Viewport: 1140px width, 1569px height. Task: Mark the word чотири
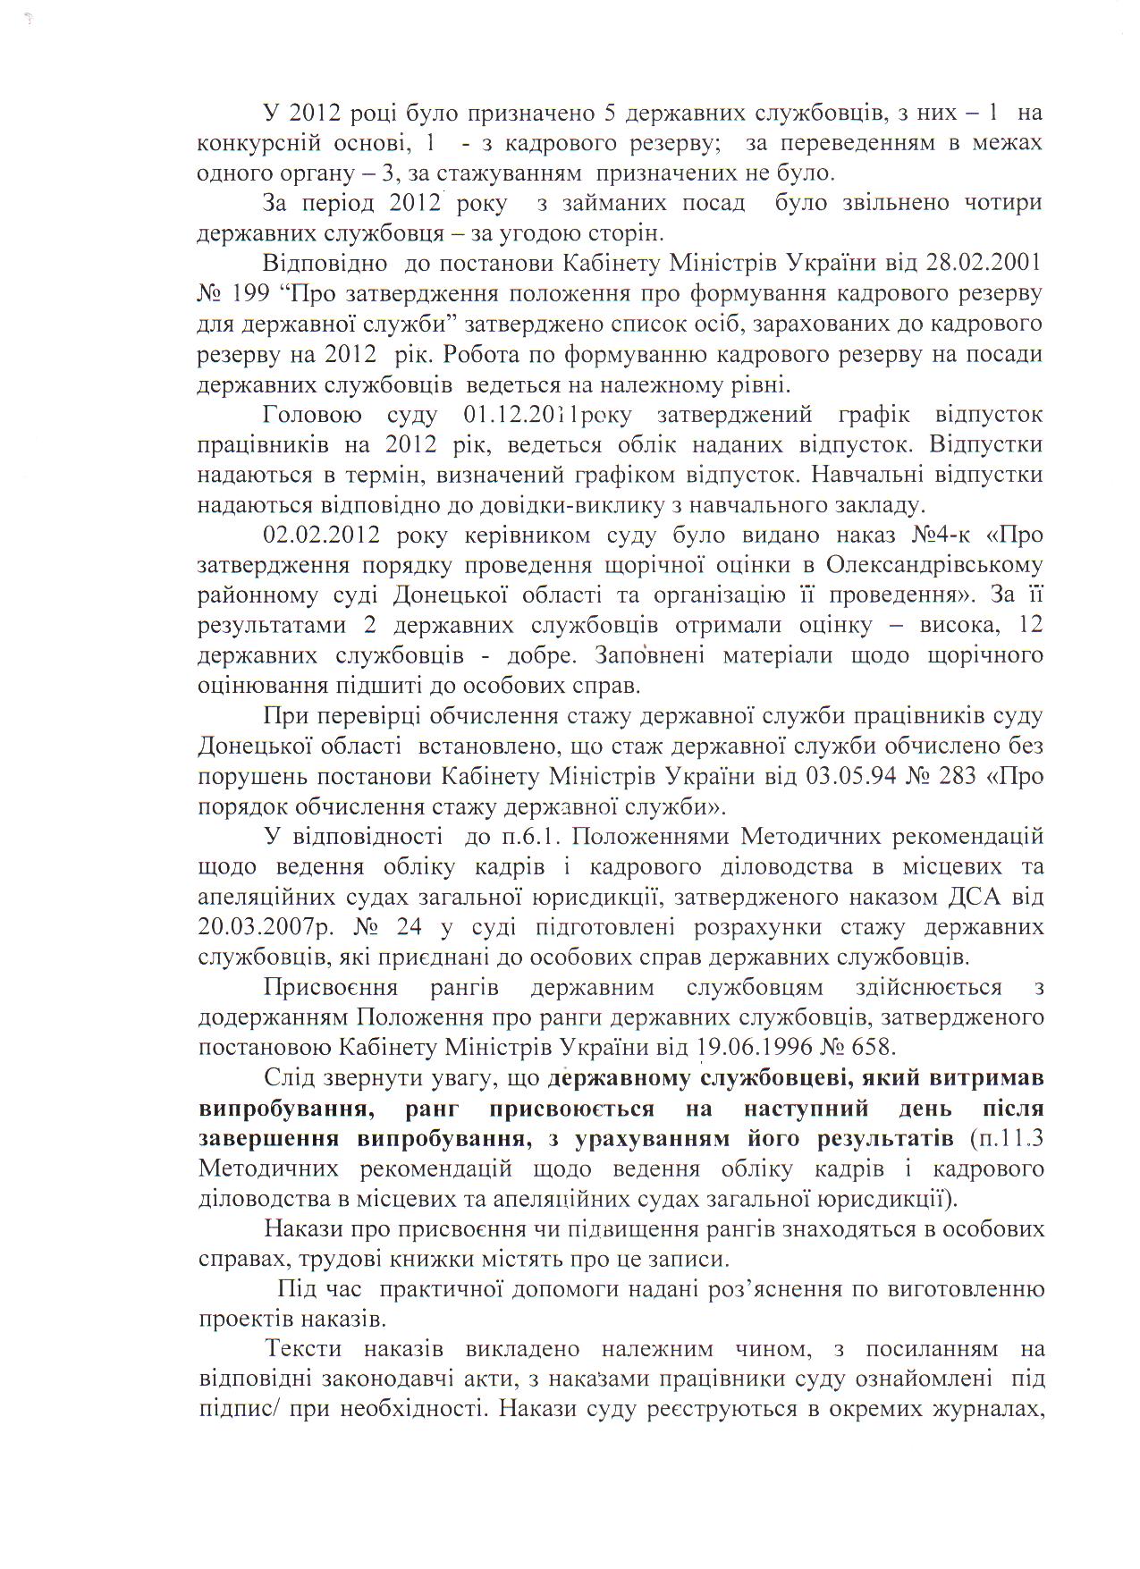pos(1001,203)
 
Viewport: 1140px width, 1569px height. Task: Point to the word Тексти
pos(302,1348)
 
